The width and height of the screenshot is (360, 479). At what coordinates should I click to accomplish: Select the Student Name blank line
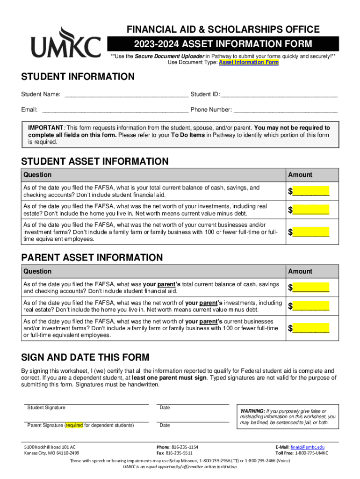coord(126,94)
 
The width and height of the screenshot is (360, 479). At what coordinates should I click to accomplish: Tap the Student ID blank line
coord(279,94)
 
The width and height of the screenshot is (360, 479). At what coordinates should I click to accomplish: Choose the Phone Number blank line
coord(285,110)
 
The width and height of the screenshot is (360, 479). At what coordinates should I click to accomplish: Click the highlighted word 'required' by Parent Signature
coord(74,426)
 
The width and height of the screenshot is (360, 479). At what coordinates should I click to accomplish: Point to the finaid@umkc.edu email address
coord(307,447)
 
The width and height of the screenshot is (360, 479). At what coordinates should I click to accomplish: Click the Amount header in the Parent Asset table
coord(300,271)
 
